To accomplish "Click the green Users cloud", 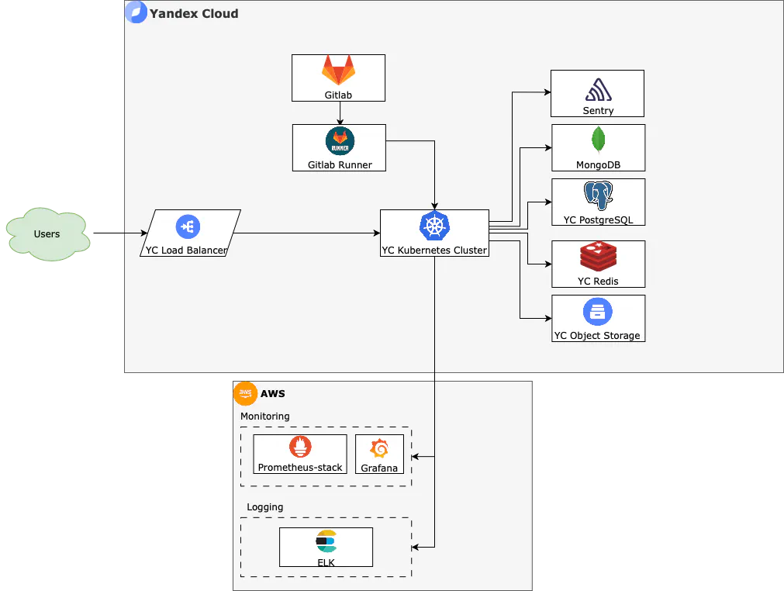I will [47, 234].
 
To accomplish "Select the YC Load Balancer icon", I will [188, 226].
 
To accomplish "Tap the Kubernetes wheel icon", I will [434, 226].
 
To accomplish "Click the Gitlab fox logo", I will [339, 71].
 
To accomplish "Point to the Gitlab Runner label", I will [339, 164].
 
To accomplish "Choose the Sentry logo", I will [598, 91].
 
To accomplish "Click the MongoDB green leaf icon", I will [598, 140].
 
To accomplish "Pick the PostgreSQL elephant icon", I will [598, 195].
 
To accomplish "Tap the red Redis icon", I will [598, 257].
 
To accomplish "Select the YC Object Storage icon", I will [598, 312].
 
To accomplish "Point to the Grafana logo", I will [379, 449].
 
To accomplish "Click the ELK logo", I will [326, 541].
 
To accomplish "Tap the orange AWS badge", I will [245, 393].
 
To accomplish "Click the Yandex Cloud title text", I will [194, 13].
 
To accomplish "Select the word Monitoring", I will [264, 416].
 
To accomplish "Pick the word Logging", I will [264, 507].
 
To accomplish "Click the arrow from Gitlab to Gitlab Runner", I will [340, 112].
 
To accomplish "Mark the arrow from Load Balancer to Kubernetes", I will [306, 233].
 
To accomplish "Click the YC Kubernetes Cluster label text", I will [434, 250].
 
